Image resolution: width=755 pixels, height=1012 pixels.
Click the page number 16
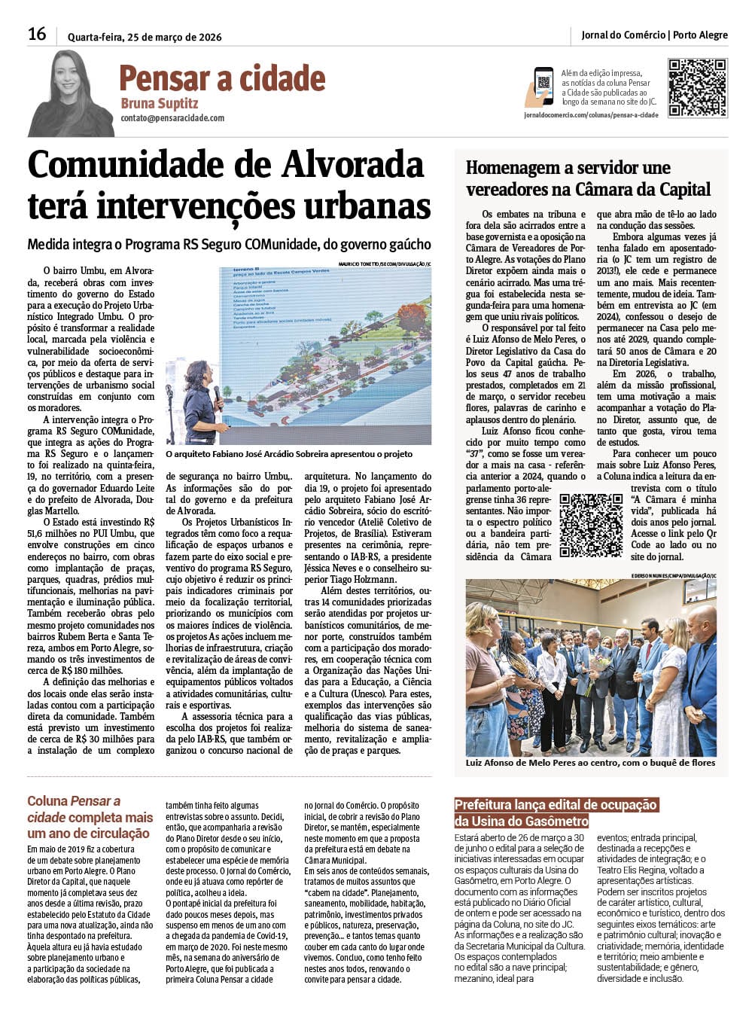[x=37, y=34]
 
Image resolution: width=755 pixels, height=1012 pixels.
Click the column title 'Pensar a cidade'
[x=222, y=78]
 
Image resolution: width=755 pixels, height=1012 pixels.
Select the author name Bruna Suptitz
[x=159, y=103]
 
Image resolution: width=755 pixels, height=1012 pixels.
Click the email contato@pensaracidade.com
[x=172, y=118]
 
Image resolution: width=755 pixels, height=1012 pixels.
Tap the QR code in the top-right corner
[x=697, y=88]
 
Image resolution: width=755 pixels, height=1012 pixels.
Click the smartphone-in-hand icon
[x=540, y=87]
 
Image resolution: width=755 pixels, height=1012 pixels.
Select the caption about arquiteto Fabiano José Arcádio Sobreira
[x=289, y=454]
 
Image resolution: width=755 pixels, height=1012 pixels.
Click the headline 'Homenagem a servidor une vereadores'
[x=588, y=178]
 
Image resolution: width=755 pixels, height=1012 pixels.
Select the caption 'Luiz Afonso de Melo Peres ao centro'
[x=590, y=763]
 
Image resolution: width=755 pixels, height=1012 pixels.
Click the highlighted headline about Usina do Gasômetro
[x=556, y=812]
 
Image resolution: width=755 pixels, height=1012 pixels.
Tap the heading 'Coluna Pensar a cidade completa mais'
[x=90, y=817]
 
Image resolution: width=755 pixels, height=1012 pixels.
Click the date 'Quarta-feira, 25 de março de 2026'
[x=145, y=37]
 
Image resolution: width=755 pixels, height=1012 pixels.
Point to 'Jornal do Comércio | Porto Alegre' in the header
[x=654, y=35]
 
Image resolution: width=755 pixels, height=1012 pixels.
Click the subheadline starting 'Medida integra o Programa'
[x=229, y=245]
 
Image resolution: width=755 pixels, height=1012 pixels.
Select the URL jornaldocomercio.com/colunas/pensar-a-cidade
[x=591, y=115]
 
